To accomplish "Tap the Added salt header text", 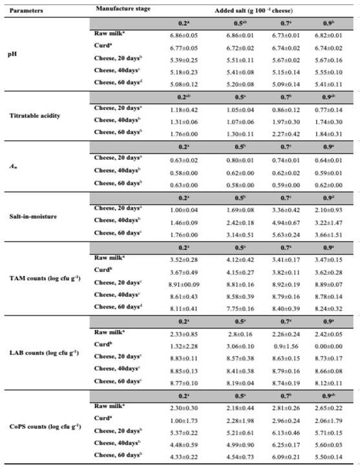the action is click(x=248, y=9).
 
